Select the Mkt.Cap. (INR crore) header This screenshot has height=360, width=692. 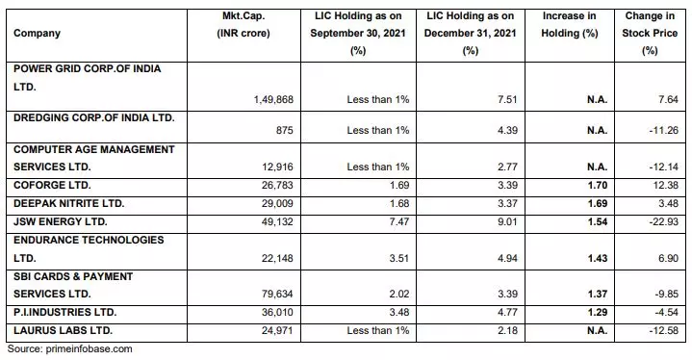pos(245,26)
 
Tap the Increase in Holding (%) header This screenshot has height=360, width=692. pos(571,26)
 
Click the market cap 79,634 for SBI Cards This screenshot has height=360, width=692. pos(258,295)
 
